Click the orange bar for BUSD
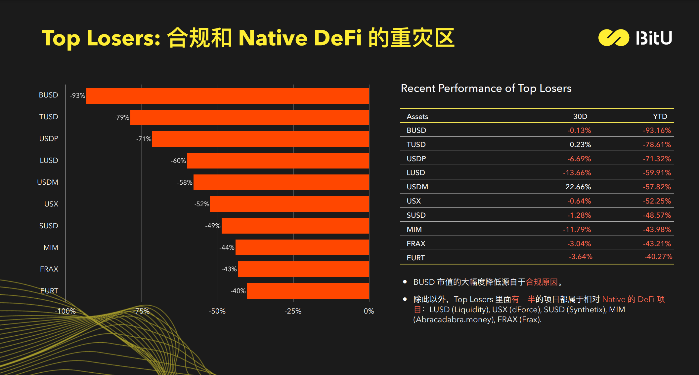[x=228, y=96]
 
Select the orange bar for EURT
[x=308, y=291]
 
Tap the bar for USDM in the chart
[x=281, y=182]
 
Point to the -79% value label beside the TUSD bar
[x=122, y=117]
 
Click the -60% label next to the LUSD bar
[x=178, y=161]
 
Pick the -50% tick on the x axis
[x=217, y=311]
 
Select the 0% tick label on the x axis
[x=369, y=311]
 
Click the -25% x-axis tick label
[x=293, y=311]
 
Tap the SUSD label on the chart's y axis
[x=49, y=226]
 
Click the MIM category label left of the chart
[x=51, y=247]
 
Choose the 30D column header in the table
[x=580, y=116]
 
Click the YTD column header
[x=660, y=116]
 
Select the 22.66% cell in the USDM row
[x=578, y=187]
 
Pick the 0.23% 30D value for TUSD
[x=580, y=144]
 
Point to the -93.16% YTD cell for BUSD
[x=657, y=130]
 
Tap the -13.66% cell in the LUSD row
[x=577, y=172]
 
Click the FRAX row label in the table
[x=416, y=244]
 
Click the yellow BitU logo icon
[x=614, y=38]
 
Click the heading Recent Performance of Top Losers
[x=486, y=88]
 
